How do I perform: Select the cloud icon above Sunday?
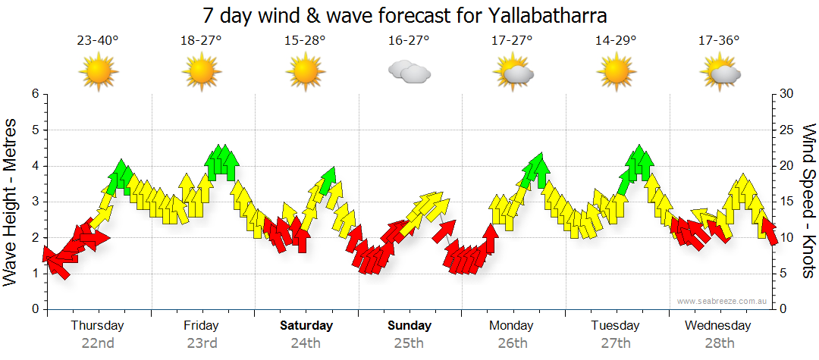[x=409, y=72]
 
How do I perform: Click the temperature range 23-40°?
[x=98, y=40]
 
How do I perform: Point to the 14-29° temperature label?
[x=616, y=40]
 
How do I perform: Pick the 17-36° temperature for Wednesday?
[x=719, y=40]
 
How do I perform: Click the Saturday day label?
[x=306, y=326]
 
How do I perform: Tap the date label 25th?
[x=409, y=343]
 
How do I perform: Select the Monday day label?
[x=513, y=326]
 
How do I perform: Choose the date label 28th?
[x=719, y=343]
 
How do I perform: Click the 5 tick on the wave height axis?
[x=34, y=130]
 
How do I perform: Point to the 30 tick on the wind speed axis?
[x=787, y=94]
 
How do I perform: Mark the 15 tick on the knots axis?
[x=787, y=202]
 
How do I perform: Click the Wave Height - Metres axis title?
[x=11, y=202]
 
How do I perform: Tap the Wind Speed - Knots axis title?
[x=808, y=202]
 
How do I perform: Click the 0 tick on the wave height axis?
[x=34, y=309]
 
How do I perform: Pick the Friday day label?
[x=201, y=326]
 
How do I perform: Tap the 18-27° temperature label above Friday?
[x=201, y=40]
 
